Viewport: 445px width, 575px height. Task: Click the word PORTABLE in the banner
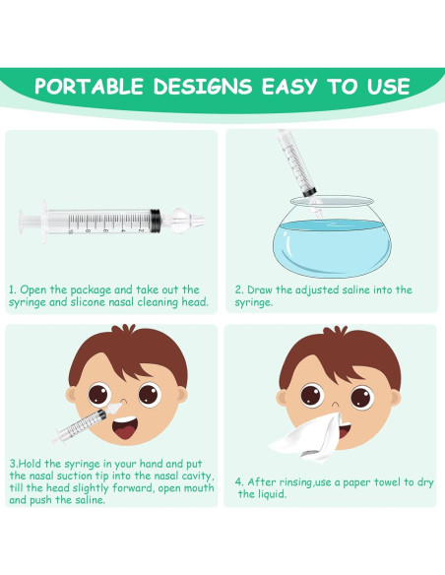pyautogui.click(x=89, y=87)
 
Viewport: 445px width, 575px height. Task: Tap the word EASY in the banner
pyautogui.click(x=289, y=87)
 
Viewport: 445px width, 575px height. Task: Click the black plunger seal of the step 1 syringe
pyautogui.click(x=156, y=221)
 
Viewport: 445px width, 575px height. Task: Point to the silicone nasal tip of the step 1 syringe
pyautogui.click(x=183, y=221)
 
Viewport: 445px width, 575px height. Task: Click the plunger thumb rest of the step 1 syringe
pyautogui.click(x=22, y=222)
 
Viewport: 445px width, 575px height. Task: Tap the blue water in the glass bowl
pyautogui.click(x=332, y=246)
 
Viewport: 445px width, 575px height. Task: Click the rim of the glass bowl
pyautogui.click(x=332, y=201)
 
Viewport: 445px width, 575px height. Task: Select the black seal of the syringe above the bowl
pyautogui.click(x=309, y=192)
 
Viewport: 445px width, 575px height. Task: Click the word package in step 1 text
pyautogui.click(x=91, y=290)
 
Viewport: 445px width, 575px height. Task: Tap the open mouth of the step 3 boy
pyautogui.click(x=125, y=427)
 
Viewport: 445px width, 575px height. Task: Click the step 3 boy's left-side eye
pyautogui.click(x=99, y=395)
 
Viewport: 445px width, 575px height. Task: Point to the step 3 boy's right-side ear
pyautogui.click(x=182, y=396)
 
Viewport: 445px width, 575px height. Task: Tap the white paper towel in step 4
pyautogui.click(x=308, y=438)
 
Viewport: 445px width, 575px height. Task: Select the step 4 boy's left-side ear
pyautogui.click(x=282, y=398)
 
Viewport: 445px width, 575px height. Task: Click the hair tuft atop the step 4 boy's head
pyautogui.click(x=336, y=331)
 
